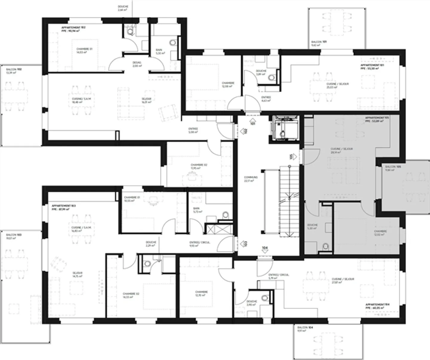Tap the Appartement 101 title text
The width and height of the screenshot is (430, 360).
coord(372,65)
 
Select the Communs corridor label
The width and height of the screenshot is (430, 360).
coord(251,177)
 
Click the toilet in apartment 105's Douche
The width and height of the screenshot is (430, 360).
coord(325,246)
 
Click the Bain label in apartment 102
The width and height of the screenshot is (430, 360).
coord(159,50)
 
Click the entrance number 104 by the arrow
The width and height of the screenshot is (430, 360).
coord(265,248)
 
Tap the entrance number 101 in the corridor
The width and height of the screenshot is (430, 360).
coord(253,123)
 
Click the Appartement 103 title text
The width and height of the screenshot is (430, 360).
coord(64,206)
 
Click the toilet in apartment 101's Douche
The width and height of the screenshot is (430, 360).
coord(271,78)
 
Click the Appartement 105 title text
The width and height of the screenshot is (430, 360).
coord(377,118)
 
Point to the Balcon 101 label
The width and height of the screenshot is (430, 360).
coord(319,42)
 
